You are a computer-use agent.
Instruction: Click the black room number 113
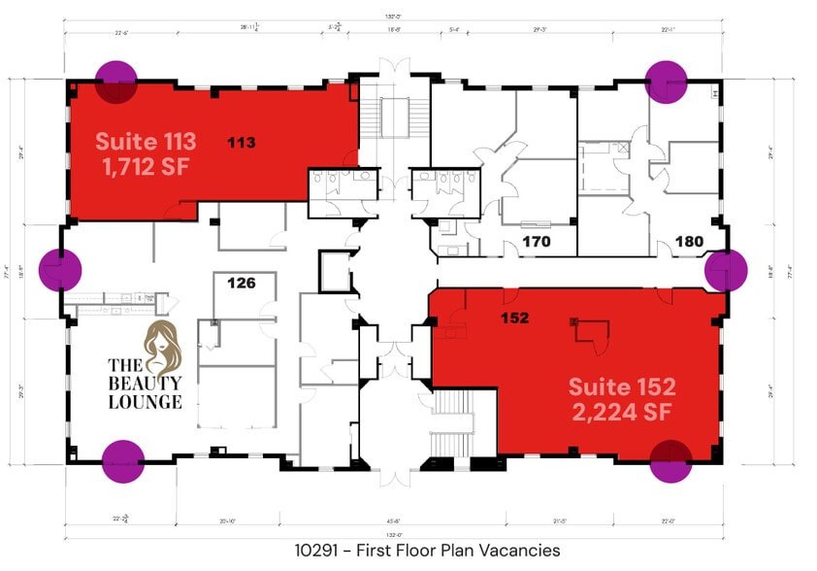tap(242, 143)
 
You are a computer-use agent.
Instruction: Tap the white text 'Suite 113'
tap(146, 141)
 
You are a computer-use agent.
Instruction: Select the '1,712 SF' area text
tap(146, 167)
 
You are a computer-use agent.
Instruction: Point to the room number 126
tap(241, 284)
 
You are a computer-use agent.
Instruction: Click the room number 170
tap(537, 241)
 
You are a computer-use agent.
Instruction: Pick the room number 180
tap(689, 241)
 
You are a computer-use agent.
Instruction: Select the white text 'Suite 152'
tap(622, 386)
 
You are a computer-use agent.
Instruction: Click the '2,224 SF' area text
tap(622, 414)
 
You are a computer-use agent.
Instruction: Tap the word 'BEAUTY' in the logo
tap(144, 384)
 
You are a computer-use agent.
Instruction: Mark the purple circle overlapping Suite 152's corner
tap(670, 460)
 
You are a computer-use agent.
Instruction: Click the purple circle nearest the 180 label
tap(724, 271)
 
